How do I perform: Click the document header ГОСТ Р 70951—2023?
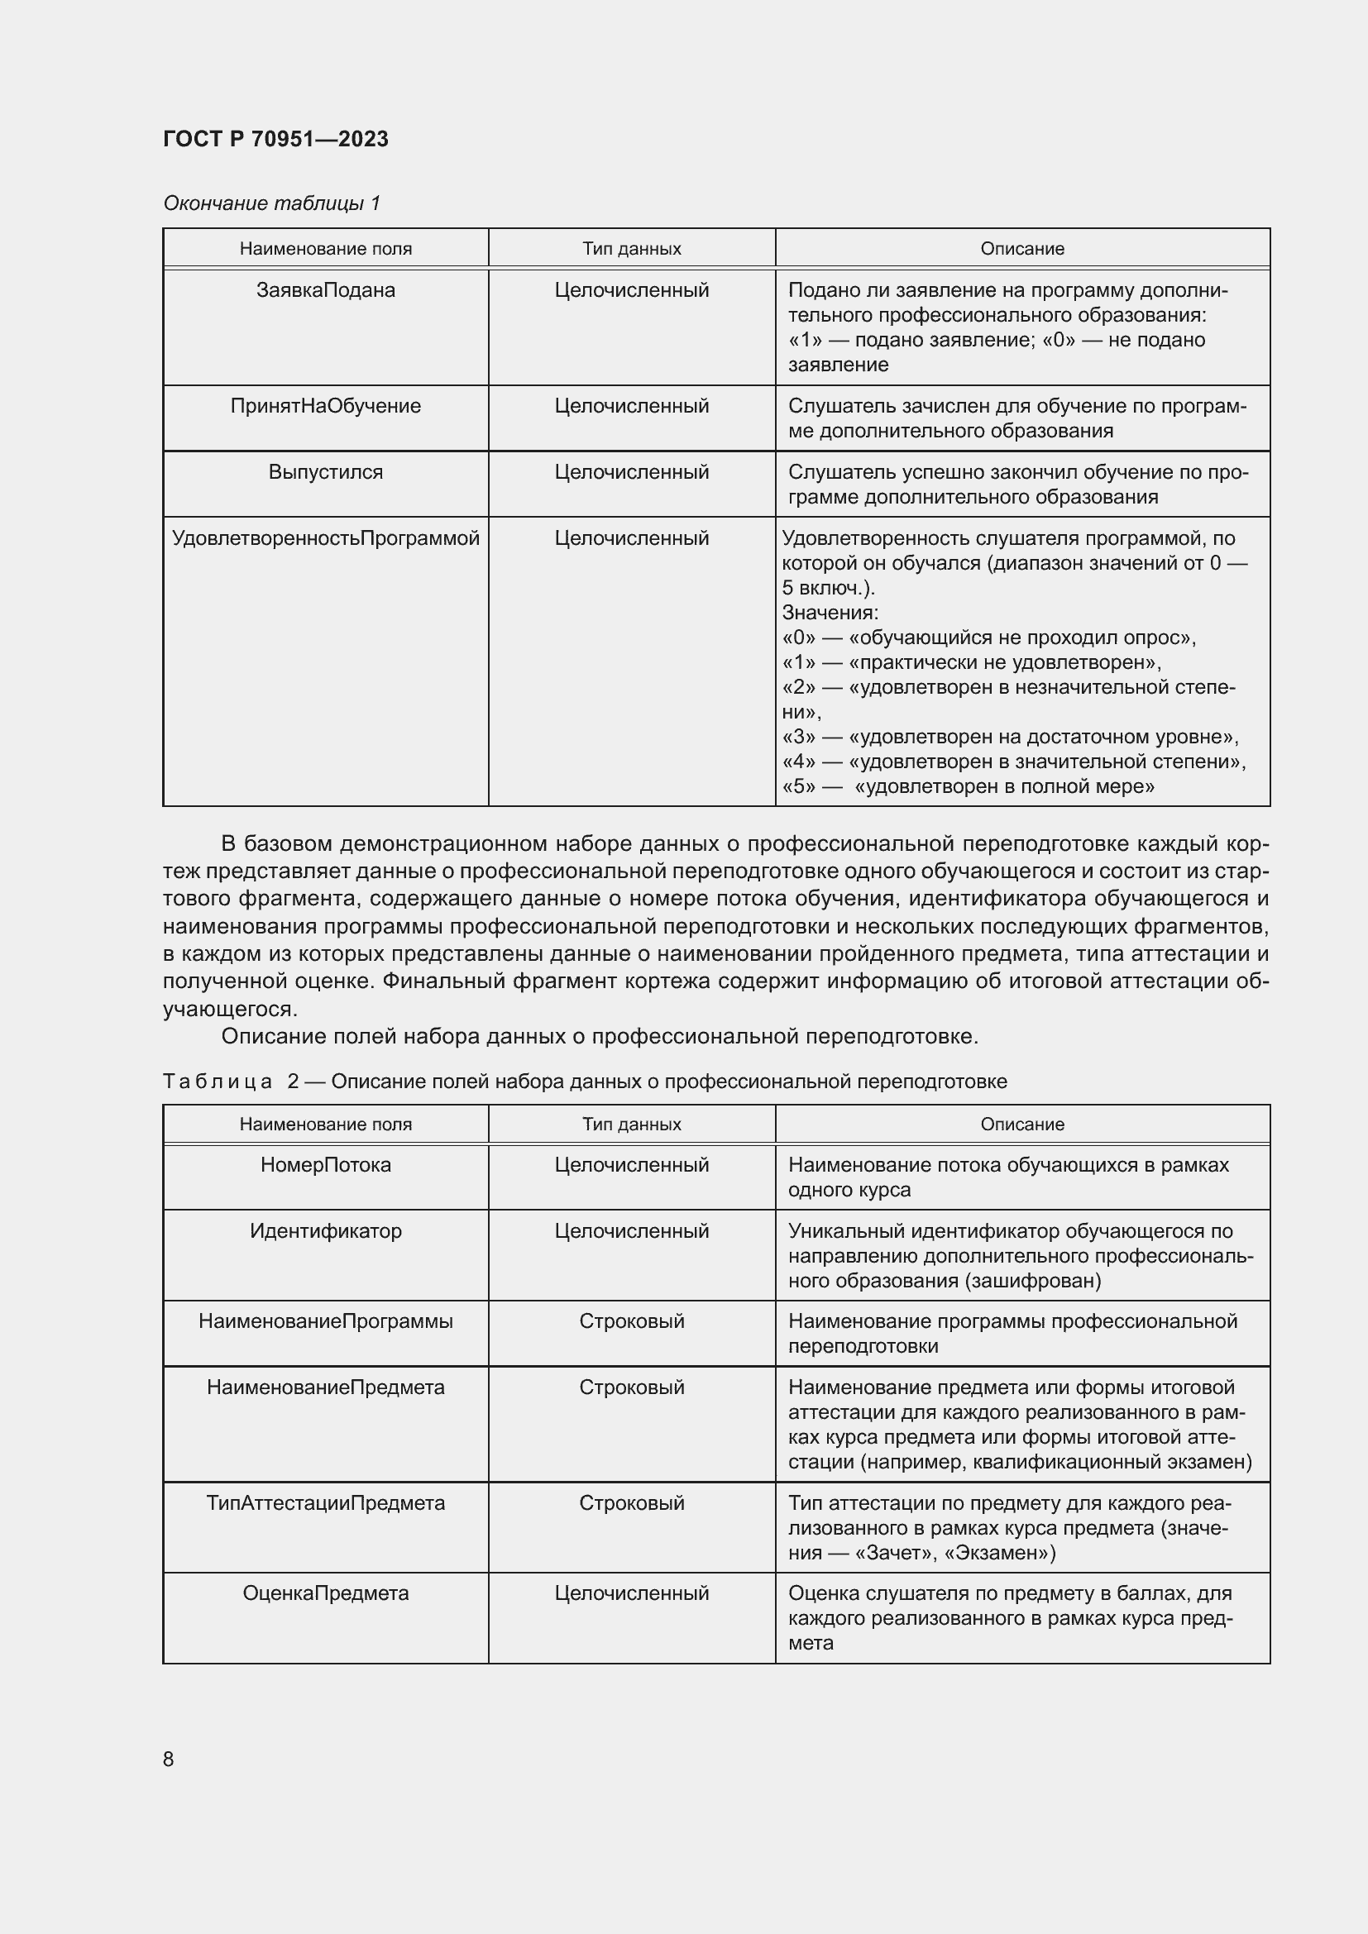[275, 139]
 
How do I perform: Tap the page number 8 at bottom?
[169, 1759]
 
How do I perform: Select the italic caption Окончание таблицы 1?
[271, 203]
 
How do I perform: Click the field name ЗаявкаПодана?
[325, 289]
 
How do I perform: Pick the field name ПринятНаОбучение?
[325, 406]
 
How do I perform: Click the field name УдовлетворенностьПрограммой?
[325, 538]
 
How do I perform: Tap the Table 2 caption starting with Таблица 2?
[585, 1081]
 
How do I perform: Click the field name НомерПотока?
[325, 1165]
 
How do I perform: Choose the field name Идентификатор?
[325, 1230]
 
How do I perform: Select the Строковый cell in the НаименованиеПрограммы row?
[631, 1320]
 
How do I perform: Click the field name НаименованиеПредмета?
[325, 1387]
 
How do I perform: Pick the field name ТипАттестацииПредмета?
[325, 1502]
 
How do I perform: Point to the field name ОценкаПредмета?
[325, 1593]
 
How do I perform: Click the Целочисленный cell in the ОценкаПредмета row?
[631, 1593]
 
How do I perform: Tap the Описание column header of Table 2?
[1021, 1124]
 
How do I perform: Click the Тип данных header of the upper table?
[631, 249]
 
